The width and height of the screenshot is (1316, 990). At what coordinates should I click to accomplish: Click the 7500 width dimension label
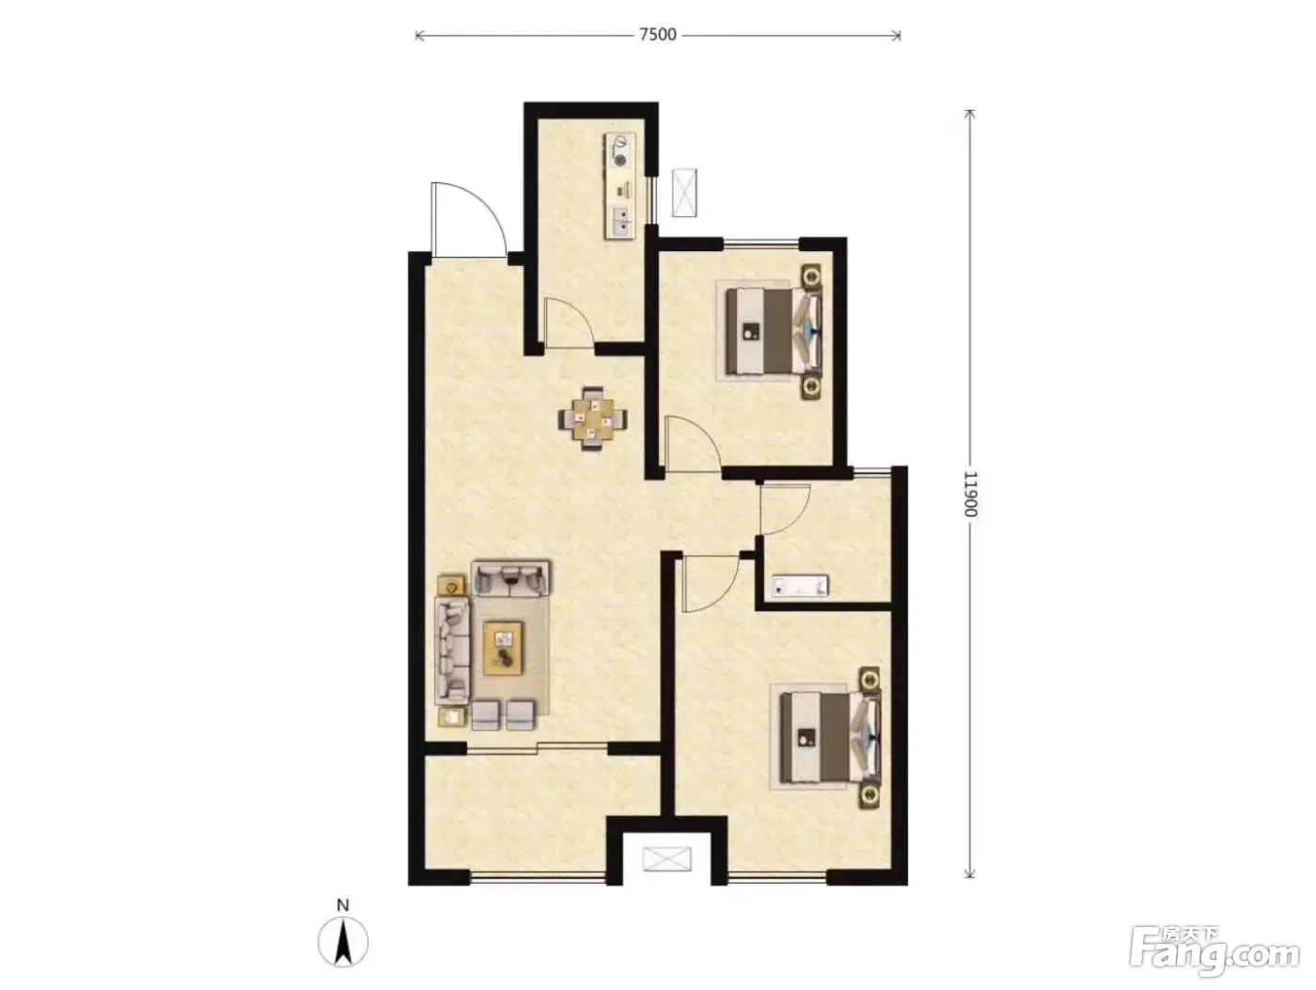[658, 35]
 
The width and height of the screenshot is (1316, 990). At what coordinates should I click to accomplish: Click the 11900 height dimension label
[970, 494]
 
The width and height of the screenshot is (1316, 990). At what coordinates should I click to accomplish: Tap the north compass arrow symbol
[343, 943]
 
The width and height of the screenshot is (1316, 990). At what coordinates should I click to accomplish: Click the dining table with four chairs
[593, 418]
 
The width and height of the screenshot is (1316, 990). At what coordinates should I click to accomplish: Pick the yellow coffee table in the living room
[504, 648]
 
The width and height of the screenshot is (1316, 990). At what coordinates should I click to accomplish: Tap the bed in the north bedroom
[774, 330]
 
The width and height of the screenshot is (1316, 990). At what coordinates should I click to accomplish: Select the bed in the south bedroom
[830, 737]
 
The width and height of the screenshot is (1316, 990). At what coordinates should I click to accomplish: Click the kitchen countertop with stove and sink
[619, 186]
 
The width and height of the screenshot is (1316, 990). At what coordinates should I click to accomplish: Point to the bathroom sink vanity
[800, 586]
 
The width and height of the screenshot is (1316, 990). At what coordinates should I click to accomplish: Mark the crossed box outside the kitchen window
[684, 193]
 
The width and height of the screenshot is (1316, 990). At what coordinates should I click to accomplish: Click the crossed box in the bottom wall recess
[666, 859]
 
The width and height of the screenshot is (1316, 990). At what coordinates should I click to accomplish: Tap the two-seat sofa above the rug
[511, 577]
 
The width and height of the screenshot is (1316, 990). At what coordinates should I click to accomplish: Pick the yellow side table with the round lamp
[452, 585]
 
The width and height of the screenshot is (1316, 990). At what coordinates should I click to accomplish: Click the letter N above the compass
[343, 905]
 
